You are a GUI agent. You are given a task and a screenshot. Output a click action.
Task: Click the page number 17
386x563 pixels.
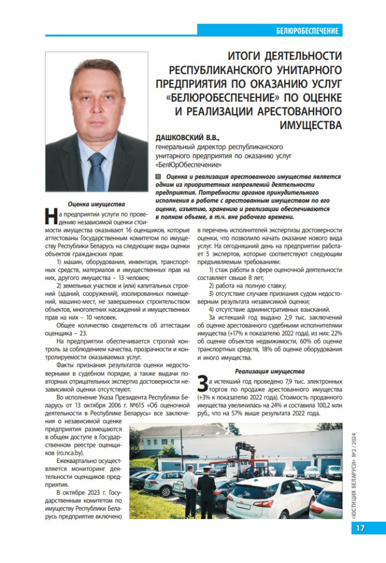[x=361, y=528]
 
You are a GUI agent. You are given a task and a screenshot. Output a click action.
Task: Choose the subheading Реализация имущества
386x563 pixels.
[x=269, y=371]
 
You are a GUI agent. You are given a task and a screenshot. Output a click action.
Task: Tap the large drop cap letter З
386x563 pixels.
[x=203, y=383]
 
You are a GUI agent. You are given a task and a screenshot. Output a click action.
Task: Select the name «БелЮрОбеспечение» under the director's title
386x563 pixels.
[x=189, y=164]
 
